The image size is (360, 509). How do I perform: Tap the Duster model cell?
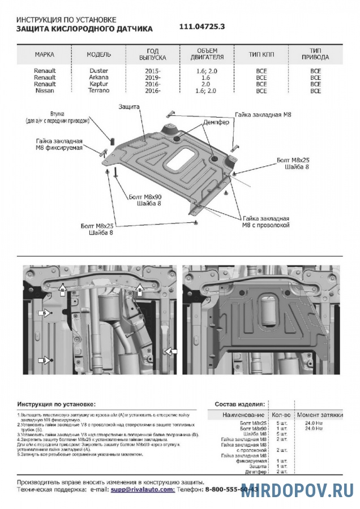pos(98,71)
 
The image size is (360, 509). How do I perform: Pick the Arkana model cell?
pos(98,77)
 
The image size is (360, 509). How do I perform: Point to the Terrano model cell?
pos(98,90)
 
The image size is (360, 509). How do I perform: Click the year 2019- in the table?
pos(152,77)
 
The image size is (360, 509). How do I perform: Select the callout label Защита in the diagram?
pos(129,106)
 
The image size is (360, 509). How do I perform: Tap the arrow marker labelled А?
pos(169,351)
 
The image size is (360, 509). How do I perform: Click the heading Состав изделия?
pos(239,405)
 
